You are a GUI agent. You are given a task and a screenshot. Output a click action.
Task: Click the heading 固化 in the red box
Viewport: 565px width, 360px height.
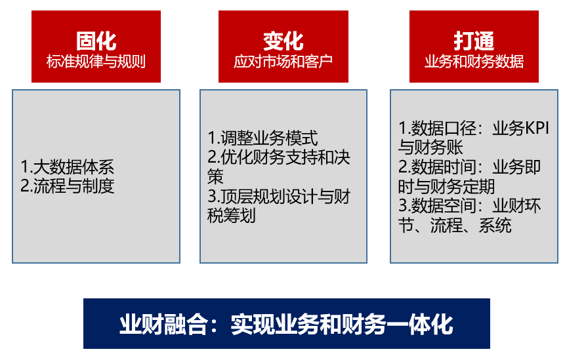(96, 41)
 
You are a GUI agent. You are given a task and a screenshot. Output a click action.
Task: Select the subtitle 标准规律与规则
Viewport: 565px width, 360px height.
(96, 62)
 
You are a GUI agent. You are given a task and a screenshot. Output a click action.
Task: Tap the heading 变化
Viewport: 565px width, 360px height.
(283, 41)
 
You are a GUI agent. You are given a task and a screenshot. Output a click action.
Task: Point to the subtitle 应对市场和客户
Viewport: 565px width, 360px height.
(283, 62)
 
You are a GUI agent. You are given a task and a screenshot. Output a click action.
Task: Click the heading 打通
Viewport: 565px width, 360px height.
(474, 41)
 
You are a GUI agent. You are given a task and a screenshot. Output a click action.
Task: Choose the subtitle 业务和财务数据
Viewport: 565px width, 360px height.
(474, 62)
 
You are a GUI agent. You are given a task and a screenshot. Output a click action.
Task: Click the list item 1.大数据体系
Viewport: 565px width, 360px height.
(68, 167)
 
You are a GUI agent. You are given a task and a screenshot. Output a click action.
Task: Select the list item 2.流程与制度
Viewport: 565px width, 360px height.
(68, 186)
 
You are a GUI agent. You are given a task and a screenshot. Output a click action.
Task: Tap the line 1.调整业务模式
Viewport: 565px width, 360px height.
(262, 138)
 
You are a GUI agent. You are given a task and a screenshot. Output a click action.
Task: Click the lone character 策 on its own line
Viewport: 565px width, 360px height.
(215, 176)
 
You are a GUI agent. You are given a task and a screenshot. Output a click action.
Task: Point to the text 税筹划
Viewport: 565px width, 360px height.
(232, 215)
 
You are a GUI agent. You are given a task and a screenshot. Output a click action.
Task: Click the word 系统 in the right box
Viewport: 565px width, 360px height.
(495, 226)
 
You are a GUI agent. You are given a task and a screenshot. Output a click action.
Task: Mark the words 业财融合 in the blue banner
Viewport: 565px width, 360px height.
(163, 324)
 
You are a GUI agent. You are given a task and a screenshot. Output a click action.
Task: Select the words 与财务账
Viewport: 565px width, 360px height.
(430, 148)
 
